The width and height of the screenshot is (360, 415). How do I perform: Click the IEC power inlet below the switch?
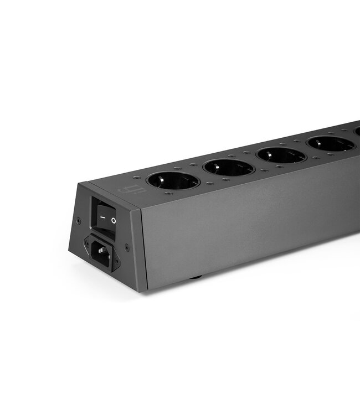coord(101,252)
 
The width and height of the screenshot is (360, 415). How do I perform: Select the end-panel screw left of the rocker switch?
coord(78,220)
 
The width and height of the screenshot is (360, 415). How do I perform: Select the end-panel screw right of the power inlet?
coord(127,247)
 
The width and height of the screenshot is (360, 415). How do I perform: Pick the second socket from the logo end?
coord(228,167)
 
